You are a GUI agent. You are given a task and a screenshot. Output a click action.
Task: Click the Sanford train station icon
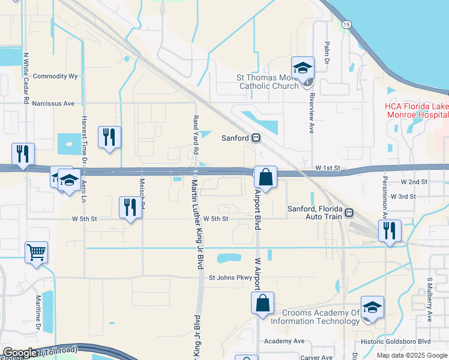(x=256, y=138)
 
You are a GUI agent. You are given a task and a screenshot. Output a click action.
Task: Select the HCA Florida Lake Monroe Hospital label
(x=417, y=111)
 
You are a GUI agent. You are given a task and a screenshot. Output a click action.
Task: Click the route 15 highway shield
(x=346, y=24)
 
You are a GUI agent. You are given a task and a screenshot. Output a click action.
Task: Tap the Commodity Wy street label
(x=56, y=76)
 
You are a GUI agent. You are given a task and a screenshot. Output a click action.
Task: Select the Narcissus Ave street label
(x=56, y=103)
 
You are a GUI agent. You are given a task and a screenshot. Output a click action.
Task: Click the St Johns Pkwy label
(x=231, y=278)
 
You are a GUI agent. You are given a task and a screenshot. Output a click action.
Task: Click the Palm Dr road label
(x=327, y=49)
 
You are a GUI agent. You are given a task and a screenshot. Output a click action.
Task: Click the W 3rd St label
(x=403, y=196)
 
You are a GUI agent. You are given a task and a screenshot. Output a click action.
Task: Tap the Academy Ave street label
(x=285, y=341)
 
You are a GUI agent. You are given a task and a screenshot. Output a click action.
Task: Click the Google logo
(x=20, y=353)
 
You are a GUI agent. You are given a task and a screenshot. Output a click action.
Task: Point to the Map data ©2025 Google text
(x=411, y=355)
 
